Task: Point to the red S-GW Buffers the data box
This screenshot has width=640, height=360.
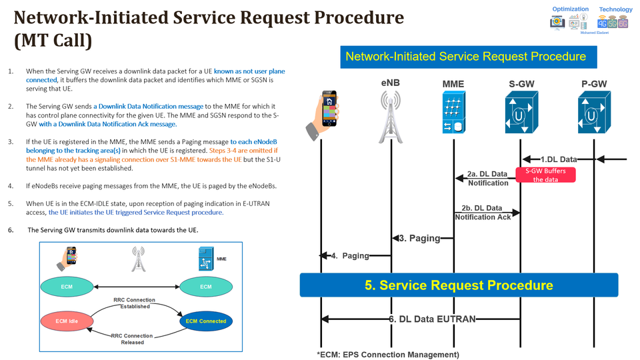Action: pyautogui.click(x=545, y=175)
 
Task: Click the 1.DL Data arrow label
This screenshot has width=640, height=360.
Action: pyautogui.click(x=559, y=159)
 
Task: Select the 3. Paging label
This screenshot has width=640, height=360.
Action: pyautogui.click(x=419, y=238)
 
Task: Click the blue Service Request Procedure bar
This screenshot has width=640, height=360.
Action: pyautogui.click(x=459, y=285)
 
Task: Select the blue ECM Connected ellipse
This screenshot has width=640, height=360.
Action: pyautogui.click(x=205, y=321)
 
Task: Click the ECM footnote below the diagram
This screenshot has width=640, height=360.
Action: pyautogui.click(x=387, y=354)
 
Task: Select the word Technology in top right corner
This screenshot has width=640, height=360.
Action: pyautogui.click(x=615, y=9)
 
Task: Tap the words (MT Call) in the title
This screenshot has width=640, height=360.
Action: pyautogui.click(x=53, y=41)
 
